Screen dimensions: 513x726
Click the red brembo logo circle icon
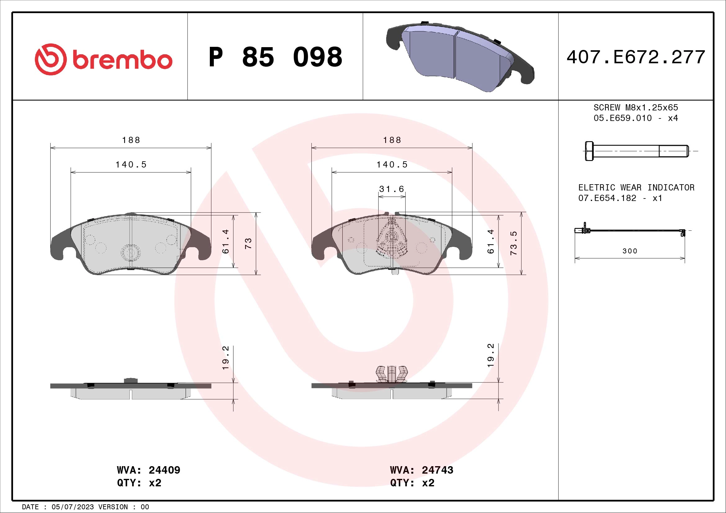(x=51, y=59)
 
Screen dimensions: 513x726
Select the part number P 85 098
(x=275, y=57)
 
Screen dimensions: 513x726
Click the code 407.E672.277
(x=636, y=57)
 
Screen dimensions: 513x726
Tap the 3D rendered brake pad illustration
(x=460, y=57)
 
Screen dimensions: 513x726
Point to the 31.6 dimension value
(x=392, y=189)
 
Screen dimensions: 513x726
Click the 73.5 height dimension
(x=514, y=243)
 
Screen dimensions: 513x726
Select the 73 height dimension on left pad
(x=249, y=243)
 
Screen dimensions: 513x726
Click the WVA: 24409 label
(x=148, y=470)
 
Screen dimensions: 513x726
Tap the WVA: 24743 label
(x=422, y=470)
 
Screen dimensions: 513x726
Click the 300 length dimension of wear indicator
(x=630, y=251)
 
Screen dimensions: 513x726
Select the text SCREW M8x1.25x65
(x=636, y=107)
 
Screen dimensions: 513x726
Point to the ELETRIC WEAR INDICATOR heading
(x=636, y=187)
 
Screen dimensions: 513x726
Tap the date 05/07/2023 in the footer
(x=72, y=507)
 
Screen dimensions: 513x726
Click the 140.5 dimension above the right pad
(x=392, y=165)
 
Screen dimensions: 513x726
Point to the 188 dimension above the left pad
(x=131, y=140)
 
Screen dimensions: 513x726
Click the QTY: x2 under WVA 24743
(x=412, y=483)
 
